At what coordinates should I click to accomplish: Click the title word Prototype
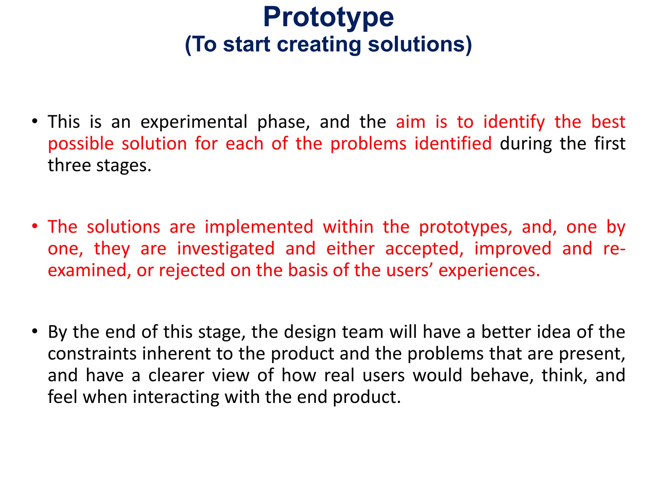point(328,18)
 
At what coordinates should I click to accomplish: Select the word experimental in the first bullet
point(194,122)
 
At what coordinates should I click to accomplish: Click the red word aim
point(411,122)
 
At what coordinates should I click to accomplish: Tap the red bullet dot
point(35,226)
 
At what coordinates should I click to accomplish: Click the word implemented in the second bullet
point(259,227)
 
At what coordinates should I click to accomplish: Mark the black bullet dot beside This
point(35,121)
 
